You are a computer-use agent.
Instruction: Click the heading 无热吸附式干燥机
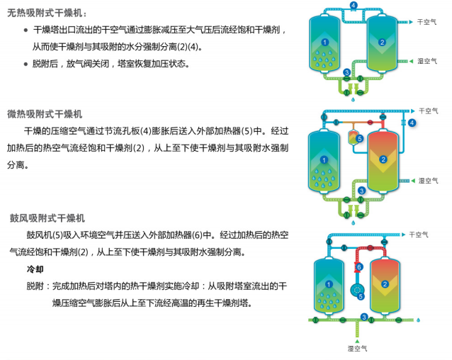47,12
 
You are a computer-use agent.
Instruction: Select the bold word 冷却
35,270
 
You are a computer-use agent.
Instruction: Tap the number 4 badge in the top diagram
353,6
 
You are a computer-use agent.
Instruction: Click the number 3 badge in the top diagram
346,73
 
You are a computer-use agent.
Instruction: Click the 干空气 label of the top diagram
427,23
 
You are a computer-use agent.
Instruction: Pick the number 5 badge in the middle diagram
360,139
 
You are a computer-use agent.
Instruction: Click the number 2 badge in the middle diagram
383,159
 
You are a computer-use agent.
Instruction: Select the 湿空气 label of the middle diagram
427,181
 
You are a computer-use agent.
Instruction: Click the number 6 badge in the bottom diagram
358,266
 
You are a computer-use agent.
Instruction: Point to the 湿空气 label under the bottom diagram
357,348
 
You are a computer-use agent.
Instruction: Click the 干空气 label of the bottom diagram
420,234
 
